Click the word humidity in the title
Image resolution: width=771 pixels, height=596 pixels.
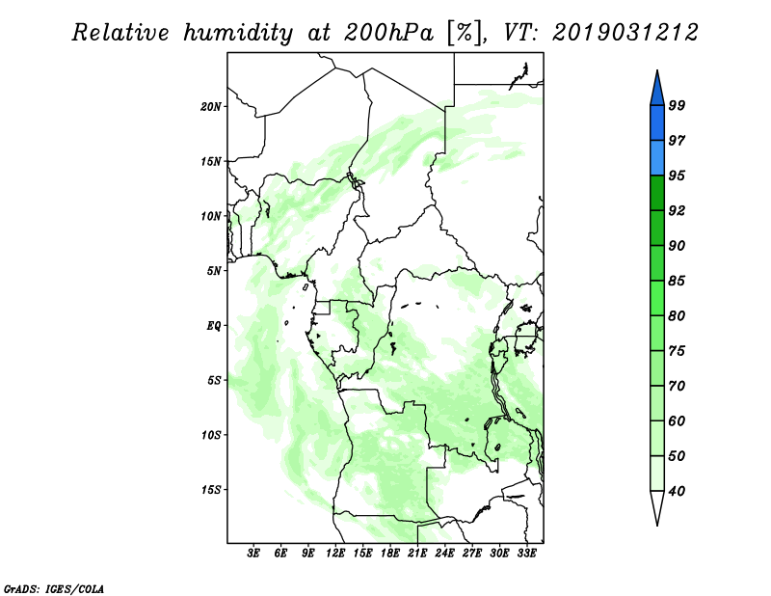pyautogui.click(x=238, y=33)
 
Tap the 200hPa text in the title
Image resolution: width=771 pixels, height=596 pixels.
pyautogui.click(x=388, y=33)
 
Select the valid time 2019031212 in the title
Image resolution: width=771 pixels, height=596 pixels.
pyautogui.click(x=625, y=33)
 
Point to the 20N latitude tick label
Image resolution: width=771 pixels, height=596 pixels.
pyautogui.click(x=211, y=107)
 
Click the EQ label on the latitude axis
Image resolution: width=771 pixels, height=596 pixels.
pyautogui.click(x=214, y=326)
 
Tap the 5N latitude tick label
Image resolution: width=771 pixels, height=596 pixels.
pyautogui.click(x=214, y=271)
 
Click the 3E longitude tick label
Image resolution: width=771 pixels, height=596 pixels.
pyautogui.click(x=253, y=553)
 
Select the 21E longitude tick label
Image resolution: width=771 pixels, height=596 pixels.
pyautogui.click(x=417, y=553)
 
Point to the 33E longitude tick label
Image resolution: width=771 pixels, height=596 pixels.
pyautogui.click(x=526, y=553)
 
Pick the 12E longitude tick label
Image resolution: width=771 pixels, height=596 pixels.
pyautogui.click(x=335, y=553)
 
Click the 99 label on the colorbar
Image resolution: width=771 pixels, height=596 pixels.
pyautogui.click(x=677, y=105)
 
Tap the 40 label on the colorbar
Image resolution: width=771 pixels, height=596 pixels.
pyautogui.click(x=677, y=491)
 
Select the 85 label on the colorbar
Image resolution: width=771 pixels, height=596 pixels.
pyautogui.click(x=677, y=281)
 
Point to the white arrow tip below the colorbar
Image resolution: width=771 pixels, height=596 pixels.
pyautogui.click(x=657, y=525)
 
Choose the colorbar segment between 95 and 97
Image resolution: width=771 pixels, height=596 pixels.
pyautogui.click(x=657, y=158)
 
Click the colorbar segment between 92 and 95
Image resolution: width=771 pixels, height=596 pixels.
pyautogui.click(x=657, y=193)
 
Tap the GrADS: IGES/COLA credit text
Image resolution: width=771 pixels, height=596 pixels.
pyautogui.click(x=54, y=588)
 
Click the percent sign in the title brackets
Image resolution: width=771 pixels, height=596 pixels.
pyautogui.click(x=464, y=33)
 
